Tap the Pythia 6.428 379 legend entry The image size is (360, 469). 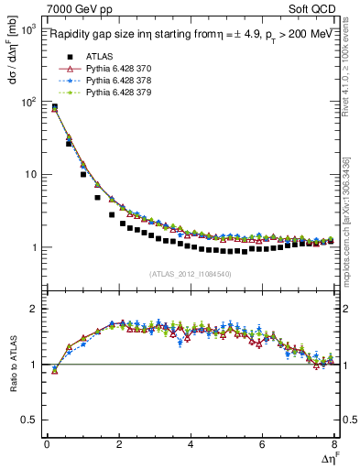[x=114, y=93]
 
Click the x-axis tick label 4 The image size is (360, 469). [x=190, y=444]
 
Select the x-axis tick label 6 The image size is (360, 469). [x=262, y=444]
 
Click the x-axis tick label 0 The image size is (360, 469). [x=47, y=444]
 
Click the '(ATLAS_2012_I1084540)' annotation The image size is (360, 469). [x=191, y=274]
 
